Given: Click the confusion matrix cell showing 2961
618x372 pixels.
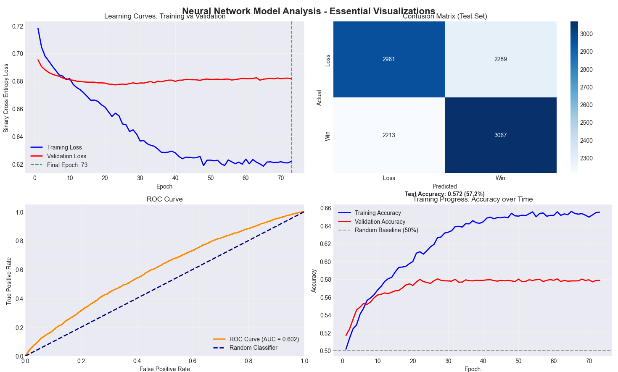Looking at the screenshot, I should click(x=389, y=59).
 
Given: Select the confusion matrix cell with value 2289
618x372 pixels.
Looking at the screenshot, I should click(x=500, y=59).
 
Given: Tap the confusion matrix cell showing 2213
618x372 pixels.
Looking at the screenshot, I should click(x=389, y=135).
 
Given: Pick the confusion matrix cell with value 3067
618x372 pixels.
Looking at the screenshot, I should click(x=500, y=135).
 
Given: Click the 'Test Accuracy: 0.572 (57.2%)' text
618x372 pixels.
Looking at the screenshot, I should click(x=444, y=194).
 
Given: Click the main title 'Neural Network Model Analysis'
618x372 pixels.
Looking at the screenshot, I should click(x=309, y=11).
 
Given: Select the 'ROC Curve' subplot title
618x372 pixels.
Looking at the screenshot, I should click(x=164, y=199).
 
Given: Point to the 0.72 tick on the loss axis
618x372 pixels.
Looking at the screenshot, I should click(x=18, y=26).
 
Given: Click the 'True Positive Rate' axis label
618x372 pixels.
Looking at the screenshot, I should click(x=9, y=280).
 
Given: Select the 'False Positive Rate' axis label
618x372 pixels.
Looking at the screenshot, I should click(x=164, y=369).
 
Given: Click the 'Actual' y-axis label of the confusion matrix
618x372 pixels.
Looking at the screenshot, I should click(x=319, y=97).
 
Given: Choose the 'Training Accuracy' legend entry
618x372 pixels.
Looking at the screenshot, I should click(x=378, y=213).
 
